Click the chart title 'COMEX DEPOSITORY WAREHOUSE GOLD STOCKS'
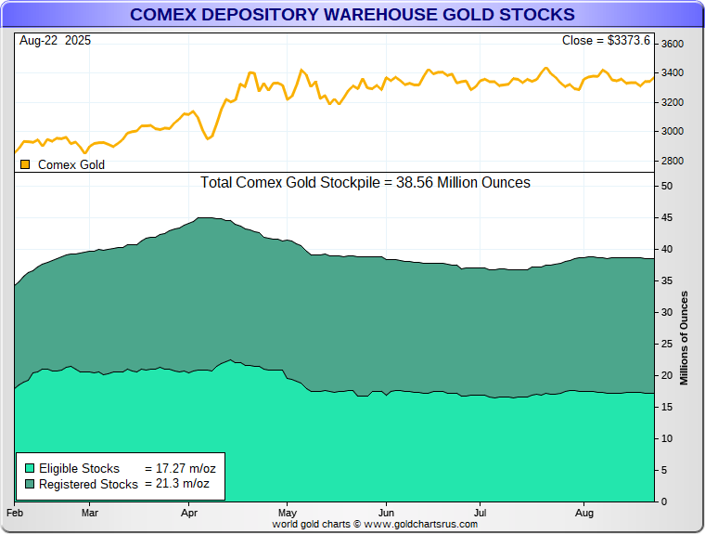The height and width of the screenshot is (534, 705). click(352, 15)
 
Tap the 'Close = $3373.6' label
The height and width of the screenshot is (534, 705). click(607, 40)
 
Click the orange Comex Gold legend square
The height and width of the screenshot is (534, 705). click(25, 164)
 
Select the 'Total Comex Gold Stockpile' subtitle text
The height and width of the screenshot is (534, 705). click(365, 183)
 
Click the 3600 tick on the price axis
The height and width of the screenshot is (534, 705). click(672, 44)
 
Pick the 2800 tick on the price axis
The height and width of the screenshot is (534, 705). click(672, 162)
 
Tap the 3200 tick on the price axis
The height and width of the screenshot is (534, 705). click(672, 102)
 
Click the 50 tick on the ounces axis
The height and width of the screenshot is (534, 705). click(667, 187)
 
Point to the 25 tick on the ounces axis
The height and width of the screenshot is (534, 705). click(667, 345)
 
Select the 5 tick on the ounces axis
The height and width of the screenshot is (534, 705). click(664, 471)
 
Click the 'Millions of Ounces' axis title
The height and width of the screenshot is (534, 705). click(685, 338)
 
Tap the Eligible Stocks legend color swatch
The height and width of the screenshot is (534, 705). click(29, 468)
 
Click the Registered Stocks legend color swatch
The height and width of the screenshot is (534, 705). click(29, 484)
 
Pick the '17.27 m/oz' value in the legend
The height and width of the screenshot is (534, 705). click(181, 468)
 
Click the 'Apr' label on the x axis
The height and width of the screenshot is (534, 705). click(189, 513)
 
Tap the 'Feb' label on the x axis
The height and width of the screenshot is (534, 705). click(15, 513)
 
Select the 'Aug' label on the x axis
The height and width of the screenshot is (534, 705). click(584, 513)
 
